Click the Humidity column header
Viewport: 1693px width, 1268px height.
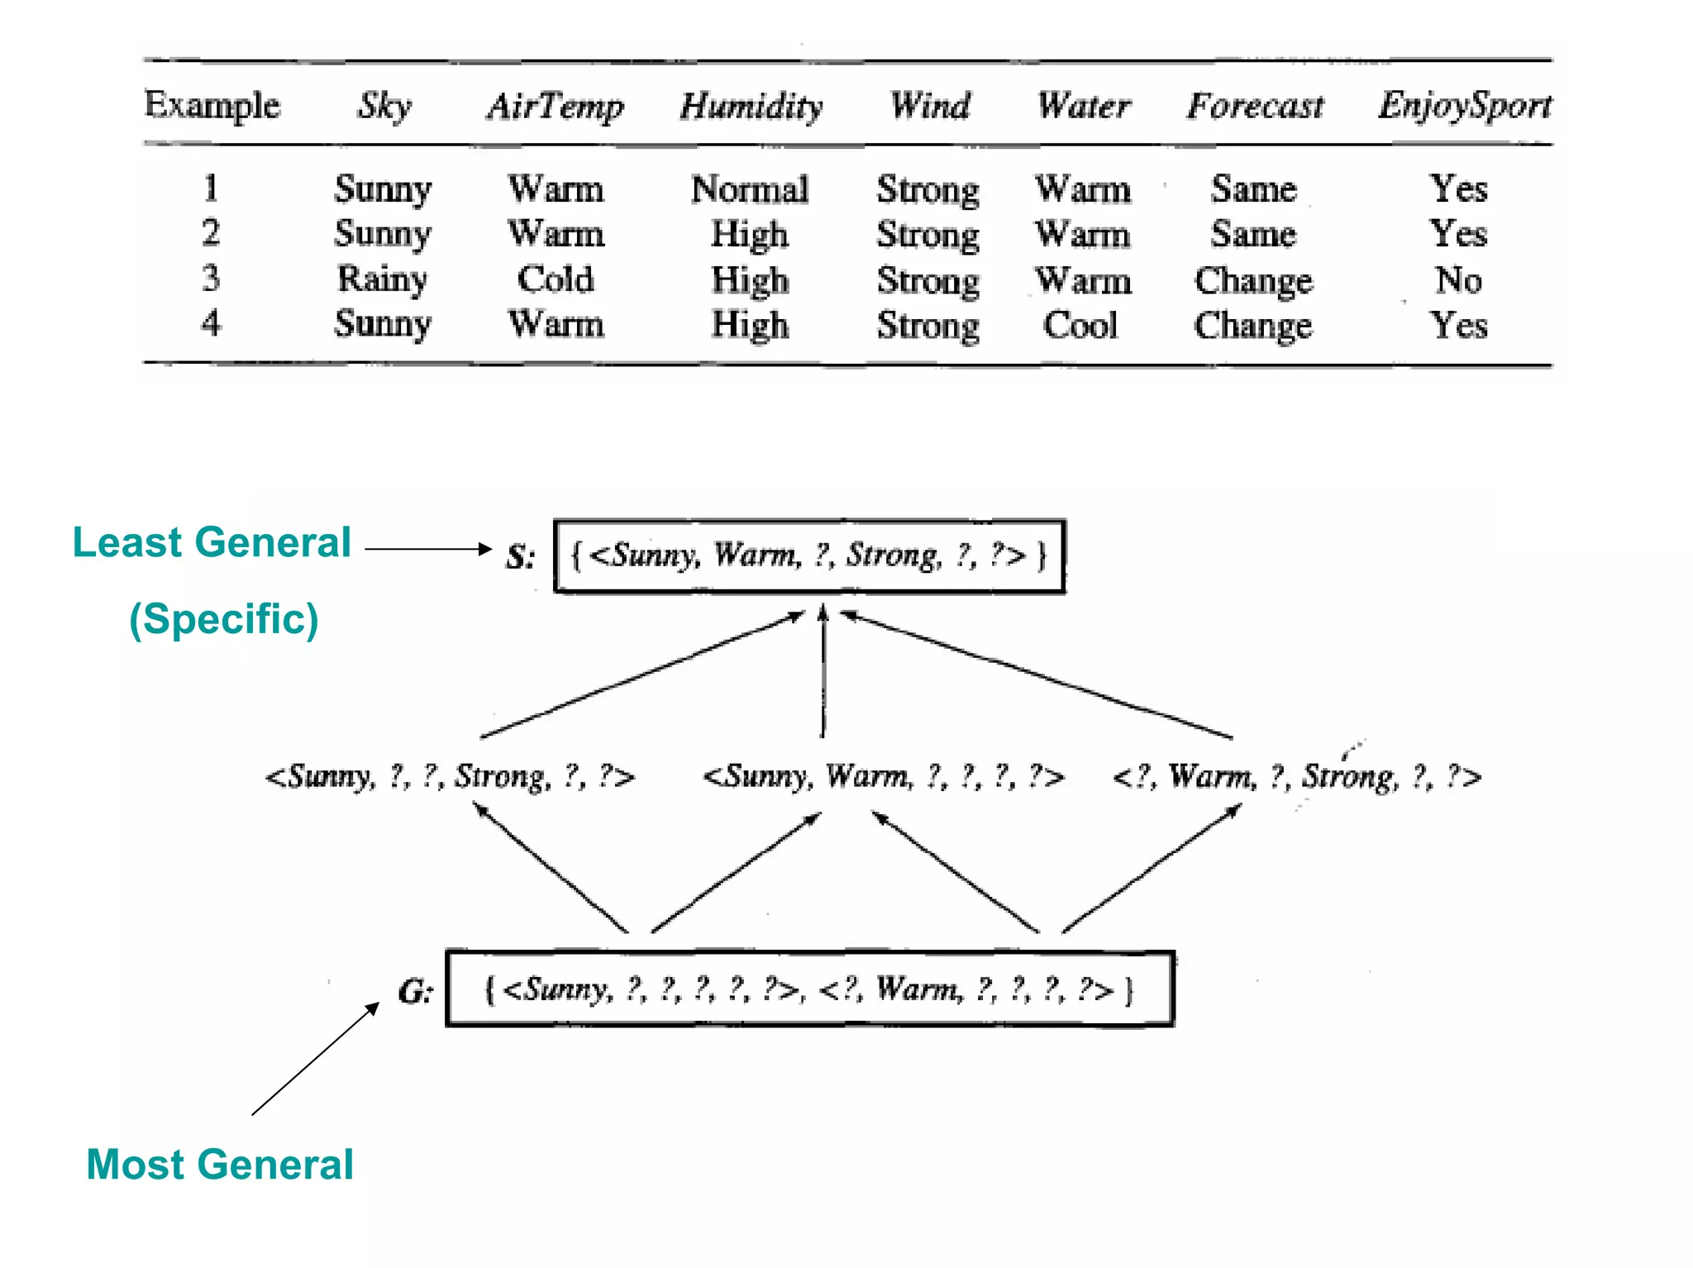click(751, 107)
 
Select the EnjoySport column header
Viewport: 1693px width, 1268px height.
click(1465, 106)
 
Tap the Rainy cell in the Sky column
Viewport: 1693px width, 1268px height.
click(382, 279)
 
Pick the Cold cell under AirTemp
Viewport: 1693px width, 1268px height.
click(556, 279)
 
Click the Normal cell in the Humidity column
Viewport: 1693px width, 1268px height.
click(750, 189)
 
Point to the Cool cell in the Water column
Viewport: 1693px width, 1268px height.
click(1080, 325)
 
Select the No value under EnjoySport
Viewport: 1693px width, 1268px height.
click(1458, 279)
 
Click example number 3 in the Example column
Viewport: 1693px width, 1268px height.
click(211, 278)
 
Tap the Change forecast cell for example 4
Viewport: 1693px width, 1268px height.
click(1253, 325)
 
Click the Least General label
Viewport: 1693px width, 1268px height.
click(212, 543)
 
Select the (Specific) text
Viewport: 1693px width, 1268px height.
click(223, 619)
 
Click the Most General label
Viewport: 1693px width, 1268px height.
click(220, 1165)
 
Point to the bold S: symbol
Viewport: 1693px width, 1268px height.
click(520, 556)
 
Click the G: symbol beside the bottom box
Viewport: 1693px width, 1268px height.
click(415, 990)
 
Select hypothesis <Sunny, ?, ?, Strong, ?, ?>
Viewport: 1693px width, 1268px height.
click(450, 776)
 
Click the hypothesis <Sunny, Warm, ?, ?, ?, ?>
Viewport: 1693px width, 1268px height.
click(883, 776)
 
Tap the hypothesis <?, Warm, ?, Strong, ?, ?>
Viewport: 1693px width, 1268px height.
click(1296, 776)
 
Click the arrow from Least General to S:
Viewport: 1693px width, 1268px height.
click(427, 549)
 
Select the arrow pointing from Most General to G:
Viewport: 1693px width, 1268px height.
click(315, 1059)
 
